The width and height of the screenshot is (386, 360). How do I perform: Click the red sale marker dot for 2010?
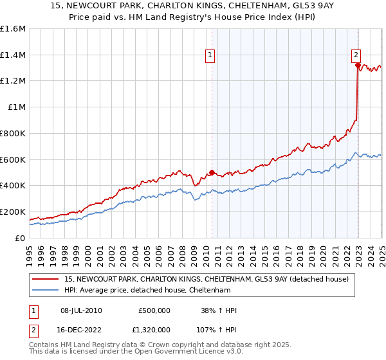click(212, 172)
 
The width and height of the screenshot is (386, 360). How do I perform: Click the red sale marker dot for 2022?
click(358, 64)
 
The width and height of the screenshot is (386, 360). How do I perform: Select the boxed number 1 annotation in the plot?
click(210, 56)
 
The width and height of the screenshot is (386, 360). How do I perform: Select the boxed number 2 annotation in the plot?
click(356, 56)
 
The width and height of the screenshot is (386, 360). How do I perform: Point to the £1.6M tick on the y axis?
click(13, 29)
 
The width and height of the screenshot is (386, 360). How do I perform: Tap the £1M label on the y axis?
click(17, 107)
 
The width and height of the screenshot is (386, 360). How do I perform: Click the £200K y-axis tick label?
click(13, 212)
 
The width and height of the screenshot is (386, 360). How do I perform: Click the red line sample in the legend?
click(46, 279)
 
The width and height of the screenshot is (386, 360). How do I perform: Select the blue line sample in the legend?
click(46, 290)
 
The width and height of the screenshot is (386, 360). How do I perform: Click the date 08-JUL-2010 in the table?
click(80, 310)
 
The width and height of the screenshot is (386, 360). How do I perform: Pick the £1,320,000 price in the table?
click(154, 330)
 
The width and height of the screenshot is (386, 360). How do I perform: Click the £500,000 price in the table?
click(154, 310)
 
